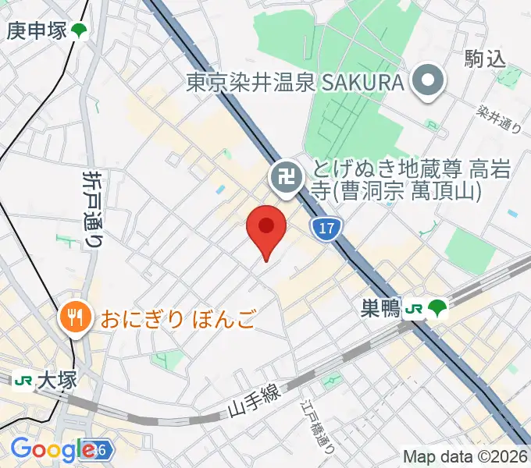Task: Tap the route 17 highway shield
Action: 326,229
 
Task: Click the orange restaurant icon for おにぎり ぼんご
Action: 75,317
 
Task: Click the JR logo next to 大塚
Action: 22,381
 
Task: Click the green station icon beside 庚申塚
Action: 79,31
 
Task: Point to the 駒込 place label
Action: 485,58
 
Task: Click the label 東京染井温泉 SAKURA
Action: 295,83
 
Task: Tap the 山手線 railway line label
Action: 254,402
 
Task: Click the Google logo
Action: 53,450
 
